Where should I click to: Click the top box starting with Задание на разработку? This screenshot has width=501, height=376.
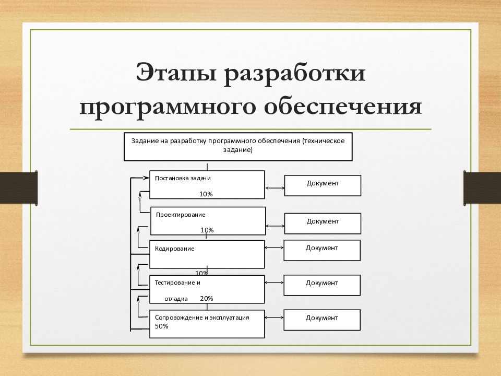238,146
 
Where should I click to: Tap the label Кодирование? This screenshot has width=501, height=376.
174,249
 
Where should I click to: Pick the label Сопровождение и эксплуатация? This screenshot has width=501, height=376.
202,317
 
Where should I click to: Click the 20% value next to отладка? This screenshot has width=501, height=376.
206,299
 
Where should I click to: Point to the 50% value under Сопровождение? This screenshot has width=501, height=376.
161,326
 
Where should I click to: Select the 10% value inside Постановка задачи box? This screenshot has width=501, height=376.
206,194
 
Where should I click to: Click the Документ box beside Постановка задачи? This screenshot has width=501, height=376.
323,185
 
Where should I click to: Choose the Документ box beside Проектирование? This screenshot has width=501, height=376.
323,223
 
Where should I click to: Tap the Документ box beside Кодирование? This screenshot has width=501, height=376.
322,250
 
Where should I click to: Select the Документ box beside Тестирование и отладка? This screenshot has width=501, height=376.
322,285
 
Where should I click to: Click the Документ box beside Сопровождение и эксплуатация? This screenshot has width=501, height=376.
322,320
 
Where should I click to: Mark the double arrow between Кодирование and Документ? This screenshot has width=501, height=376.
275,249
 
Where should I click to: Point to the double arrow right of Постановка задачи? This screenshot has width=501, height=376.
275,187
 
